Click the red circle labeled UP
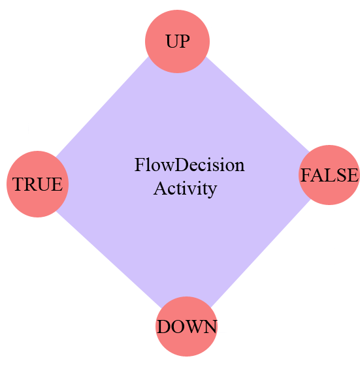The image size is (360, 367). tap(177, 42)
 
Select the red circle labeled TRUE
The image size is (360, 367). tap(38, 184)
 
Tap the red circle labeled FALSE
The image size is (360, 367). tap(329, 175)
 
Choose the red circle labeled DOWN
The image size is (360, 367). tap(186, 327)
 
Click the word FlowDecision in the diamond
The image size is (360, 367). tap(189, 165)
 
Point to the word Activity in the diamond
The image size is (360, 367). tap(185, 189)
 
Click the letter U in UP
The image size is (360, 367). tap(171, 42)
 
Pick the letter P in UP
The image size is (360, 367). tap(184, 42)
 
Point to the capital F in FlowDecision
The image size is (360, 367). tap(139, 165)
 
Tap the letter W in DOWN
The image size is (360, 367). tap(193, 327)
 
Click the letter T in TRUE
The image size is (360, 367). tap(18, 184)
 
